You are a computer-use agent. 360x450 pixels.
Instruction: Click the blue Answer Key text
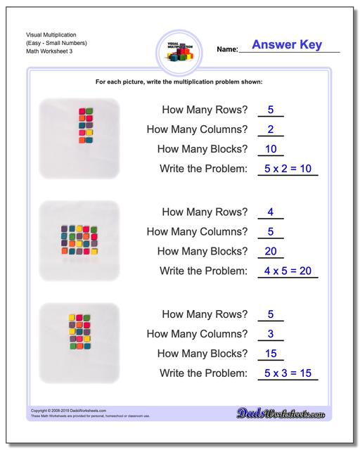tap(286, 45)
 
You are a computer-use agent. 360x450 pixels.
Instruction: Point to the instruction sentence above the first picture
tap(179, 82)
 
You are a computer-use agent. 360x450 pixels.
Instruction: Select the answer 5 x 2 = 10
tap(287, 169)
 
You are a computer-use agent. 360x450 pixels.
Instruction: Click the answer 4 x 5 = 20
tap(287, 271)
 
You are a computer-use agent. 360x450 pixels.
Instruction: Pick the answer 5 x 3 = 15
tap(287, 373)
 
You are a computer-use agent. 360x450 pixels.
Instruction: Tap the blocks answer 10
tap(270, 148)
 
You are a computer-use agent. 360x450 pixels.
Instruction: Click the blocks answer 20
tap(270, 250)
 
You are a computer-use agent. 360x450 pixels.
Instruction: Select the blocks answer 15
tap(270, 352)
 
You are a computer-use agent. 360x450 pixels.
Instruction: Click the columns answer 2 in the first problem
tap(270, 129)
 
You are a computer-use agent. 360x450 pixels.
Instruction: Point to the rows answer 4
tap(270, 211)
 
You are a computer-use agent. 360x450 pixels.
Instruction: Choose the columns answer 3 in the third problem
tap(270, 333)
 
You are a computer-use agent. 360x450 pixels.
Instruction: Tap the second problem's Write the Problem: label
tap(204, 271)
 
